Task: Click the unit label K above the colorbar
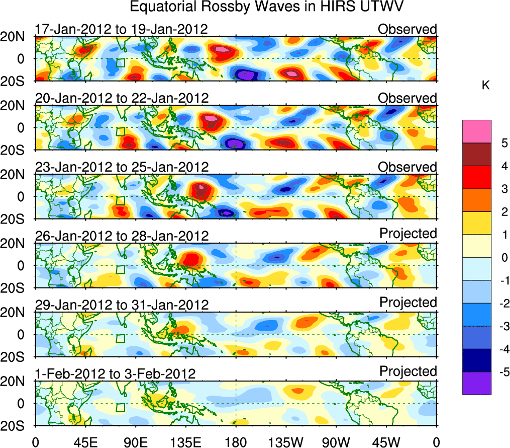point(485,86)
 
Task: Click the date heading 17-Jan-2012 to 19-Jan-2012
point(121,29)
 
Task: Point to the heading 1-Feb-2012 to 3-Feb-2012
point(115,374)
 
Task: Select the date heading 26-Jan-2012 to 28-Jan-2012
point(121,236)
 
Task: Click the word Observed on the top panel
point(407,29)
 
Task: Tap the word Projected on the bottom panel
point(408,371)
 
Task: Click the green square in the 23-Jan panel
point(120,200)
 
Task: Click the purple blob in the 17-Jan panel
point(245,74)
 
